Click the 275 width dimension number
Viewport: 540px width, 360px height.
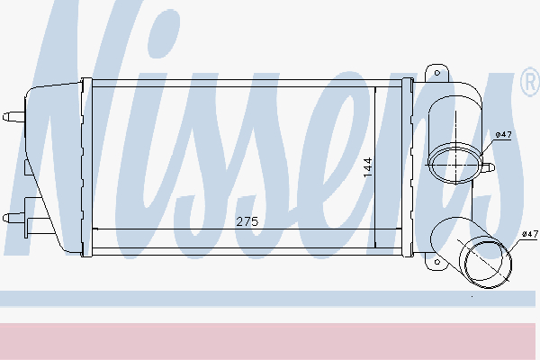247,220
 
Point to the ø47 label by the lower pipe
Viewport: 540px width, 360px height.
530,233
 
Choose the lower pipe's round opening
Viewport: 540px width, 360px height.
489,262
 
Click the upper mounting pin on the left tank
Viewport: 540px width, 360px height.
13,115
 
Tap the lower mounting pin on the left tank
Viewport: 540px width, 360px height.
13,217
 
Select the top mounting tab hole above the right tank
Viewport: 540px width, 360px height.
438,71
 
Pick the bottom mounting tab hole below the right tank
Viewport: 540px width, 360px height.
438,263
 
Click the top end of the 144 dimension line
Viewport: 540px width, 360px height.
375,88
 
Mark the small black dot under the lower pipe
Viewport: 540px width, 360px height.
472,294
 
